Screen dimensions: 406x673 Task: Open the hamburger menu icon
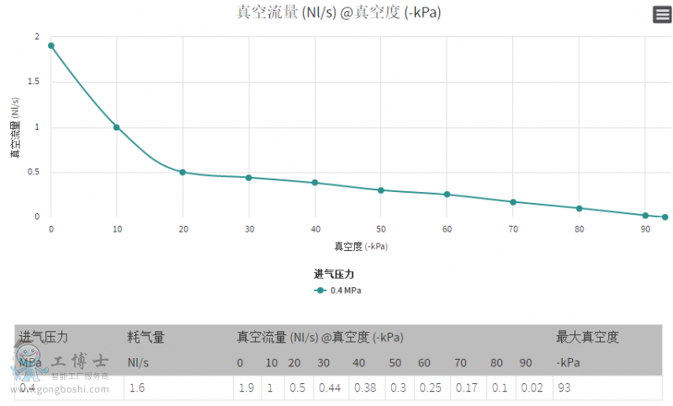click(x=661, y=13)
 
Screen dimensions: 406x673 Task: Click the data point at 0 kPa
click(x=51, y=45)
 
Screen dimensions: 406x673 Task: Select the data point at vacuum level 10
click(x=117, y=127)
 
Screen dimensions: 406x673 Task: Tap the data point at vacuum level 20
click(x=183, y=172)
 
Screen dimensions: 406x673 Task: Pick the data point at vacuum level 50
click(x=381, y=190)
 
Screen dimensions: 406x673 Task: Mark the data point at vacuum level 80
click(x=579, y=208)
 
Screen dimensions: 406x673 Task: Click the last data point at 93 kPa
click(x=665, y=217)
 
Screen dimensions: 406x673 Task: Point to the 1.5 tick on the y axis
click(x=36, y=83)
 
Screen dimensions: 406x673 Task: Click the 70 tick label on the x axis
click(x=513, y=229)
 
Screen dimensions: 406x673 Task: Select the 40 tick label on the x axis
click(x=315, y=229)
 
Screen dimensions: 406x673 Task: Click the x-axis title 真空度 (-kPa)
click(x=362, y=247)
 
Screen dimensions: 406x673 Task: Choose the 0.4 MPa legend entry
click(x=338, y=291)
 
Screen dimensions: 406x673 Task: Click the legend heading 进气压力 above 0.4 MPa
click(x=339, y=274)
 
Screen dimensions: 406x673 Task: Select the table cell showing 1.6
click(x=137, y=388)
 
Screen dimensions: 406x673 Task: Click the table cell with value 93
click(x=564, y=388)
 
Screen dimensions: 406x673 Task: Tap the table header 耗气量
click(x=146, y=338)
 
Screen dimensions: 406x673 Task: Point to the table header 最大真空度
click(x=587, y=338)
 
